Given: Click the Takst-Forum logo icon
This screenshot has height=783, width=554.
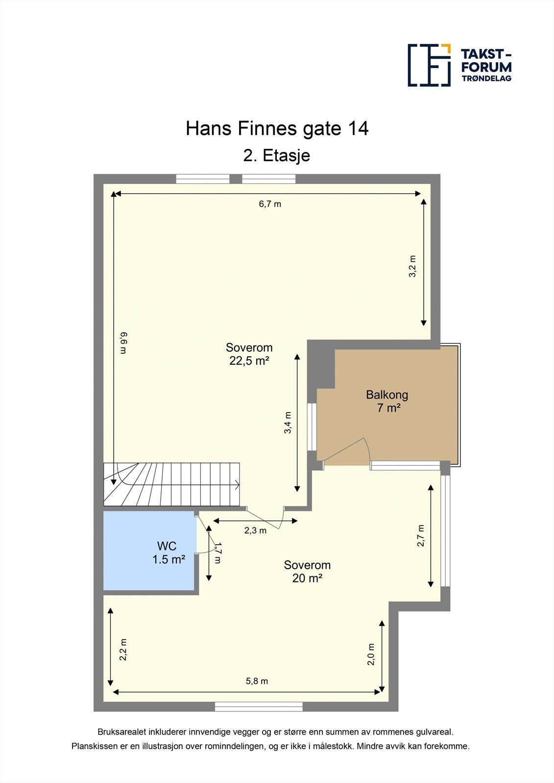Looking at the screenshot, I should coord(429,65).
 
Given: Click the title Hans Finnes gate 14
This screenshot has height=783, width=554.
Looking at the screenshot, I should coord(277,129).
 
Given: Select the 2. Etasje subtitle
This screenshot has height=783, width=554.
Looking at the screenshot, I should coord(277,156).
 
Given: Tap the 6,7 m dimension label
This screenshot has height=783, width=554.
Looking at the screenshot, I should coord(270,204).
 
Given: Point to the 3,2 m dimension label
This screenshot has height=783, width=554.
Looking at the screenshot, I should coord(412,266).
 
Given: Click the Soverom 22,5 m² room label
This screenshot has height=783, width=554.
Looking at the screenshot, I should coord(249,354).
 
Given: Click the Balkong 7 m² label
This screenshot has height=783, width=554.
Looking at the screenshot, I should coord(387,401).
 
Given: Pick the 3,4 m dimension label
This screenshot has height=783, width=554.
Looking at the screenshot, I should coord(288,422).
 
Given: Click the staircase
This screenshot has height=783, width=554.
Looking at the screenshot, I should coord(171,484).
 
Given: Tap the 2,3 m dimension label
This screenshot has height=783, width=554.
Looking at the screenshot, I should coord(255,530).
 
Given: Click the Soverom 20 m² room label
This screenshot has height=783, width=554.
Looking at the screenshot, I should coord(307,571).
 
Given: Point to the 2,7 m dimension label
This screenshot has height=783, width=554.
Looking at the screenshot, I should coord(421,535).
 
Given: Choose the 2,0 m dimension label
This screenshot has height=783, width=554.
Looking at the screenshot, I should coord(371,654).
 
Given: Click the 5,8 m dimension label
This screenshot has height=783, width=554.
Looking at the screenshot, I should coord(257,681).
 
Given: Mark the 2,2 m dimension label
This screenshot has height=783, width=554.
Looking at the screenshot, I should coord(123,649).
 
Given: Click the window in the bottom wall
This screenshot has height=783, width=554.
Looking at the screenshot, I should coord(259,707).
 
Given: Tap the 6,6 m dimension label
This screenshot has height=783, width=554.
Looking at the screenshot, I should coord(124,343).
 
